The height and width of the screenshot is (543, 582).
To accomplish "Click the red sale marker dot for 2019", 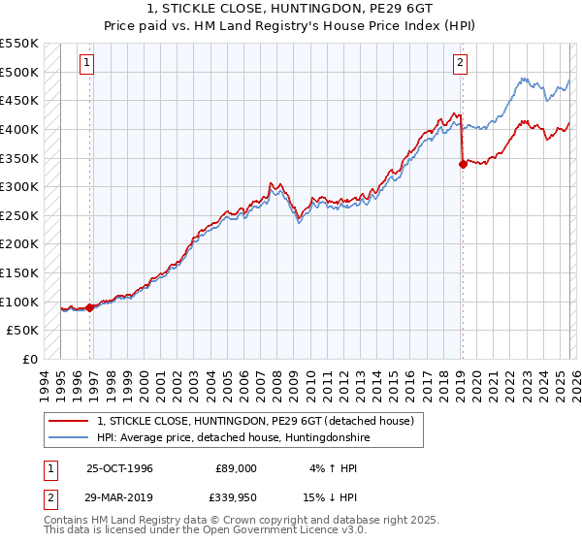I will (463, 164).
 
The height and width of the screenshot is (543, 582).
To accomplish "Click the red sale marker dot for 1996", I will (90, 307).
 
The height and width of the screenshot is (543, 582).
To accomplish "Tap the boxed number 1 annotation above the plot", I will (86, 63).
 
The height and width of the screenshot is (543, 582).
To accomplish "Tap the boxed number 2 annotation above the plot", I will (459, 63).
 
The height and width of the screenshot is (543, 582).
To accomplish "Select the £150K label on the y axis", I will (19, 272).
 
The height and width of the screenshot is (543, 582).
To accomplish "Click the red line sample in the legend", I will (68, 421).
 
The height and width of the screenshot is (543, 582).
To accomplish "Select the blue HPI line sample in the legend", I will (68, 437).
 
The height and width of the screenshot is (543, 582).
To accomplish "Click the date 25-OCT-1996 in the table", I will (119, 467).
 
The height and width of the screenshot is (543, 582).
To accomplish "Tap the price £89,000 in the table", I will (236, 467).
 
